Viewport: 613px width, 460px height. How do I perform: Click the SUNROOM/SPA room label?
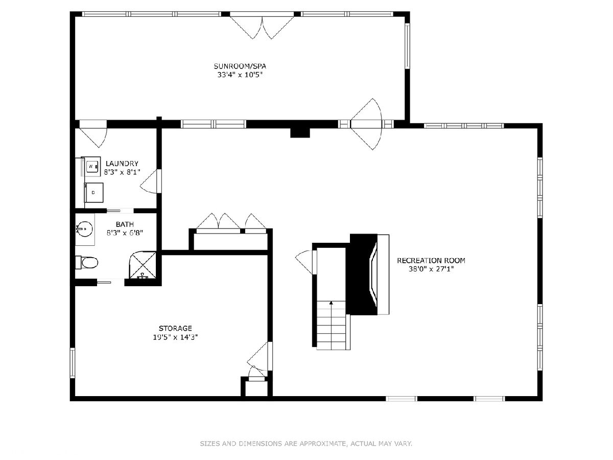pyautogui.click(x=240, y=66)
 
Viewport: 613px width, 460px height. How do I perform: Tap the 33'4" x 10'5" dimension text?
pyautogui.click(x=240, y=75)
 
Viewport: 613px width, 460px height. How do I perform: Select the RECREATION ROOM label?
pyautogui.click(x=431, y=261)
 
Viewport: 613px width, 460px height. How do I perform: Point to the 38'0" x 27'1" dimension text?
pyautogui.click(x=431, y=269)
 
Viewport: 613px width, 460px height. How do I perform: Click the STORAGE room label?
pyautogui.click(x=175, y=328)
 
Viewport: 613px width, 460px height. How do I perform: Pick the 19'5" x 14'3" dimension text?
pyautogui.click(x=175, y=337)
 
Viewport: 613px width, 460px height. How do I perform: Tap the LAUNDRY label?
pyautogui.click(x=122, y=164)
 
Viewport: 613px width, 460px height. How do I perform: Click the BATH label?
pyautogui.click(x=125, y=224)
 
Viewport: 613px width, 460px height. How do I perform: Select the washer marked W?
pyautogui.click(x=92, y=167)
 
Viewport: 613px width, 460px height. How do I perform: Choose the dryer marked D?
pyautogui.click(x=94, y=193)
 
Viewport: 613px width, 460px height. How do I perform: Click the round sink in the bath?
pyautogui.click(x=84, y=229)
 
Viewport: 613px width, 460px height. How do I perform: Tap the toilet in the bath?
pyautogui.click(x=87, y=262)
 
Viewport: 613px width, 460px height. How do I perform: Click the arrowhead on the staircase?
pyautogui.click(x=331, y=303)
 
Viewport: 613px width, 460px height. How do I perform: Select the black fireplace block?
pyautogui.click(x=362, y=274)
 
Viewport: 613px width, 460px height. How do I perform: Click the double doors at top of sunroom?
pyautogui.click(x=262, y=26)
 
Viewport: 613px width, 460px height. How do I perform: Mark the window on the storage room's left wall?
pyautogui.click(x=73, y=362)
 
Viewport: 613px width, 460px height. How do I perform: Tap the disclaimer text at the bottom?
pyautogui.click(x=306, y=443)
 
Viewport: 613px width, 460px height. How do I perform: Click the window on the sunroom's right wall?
pyautogui.click(x=408, y=45)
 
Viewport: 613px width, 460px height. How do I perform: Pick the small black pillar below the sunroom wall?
pyautogui.click(x=300, y=133)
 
